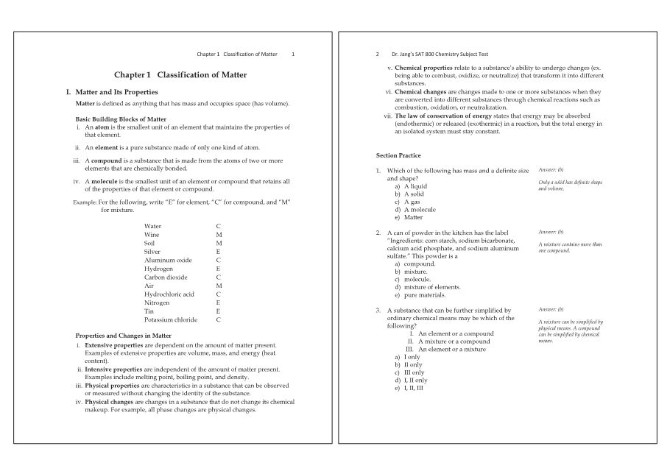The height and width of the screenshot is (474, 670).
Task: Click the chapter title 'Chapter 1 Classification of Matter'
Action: pos(180,75)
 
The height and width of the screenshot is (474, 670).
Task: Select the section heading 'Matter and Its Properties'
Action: pos(116,92)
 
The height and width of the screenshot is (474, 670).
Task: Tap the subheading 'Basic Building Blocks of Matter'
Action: pos(121,119)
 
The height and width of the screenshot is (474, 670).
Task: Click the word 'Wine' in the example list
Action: pos(152,234)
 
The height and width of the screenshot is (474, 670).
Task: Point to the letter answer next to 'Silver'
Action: pos(218,251)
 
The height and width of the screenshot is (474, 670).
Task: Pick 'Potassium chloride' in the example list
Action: pos(171,319)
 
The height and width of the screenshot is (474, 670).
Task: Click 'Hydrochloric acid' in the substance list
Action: pos(169,294)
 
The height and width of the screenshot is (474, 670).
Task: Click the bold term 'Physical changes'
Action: pos(109,402)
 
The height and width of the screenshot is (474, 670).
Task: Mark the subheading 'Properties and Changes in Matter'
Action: pos(124,336)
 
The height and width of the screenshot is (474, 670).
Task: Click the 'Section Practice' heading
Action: pos(398,155)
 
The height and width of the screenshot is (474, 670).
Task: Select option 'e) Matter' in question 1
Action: pos(409,217)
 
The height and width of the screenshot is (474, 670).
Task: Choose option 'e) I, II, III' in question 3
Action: pos(409,388)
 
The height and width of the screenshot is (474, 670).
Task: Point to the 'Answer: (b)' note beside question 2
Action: pos(551,232)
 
